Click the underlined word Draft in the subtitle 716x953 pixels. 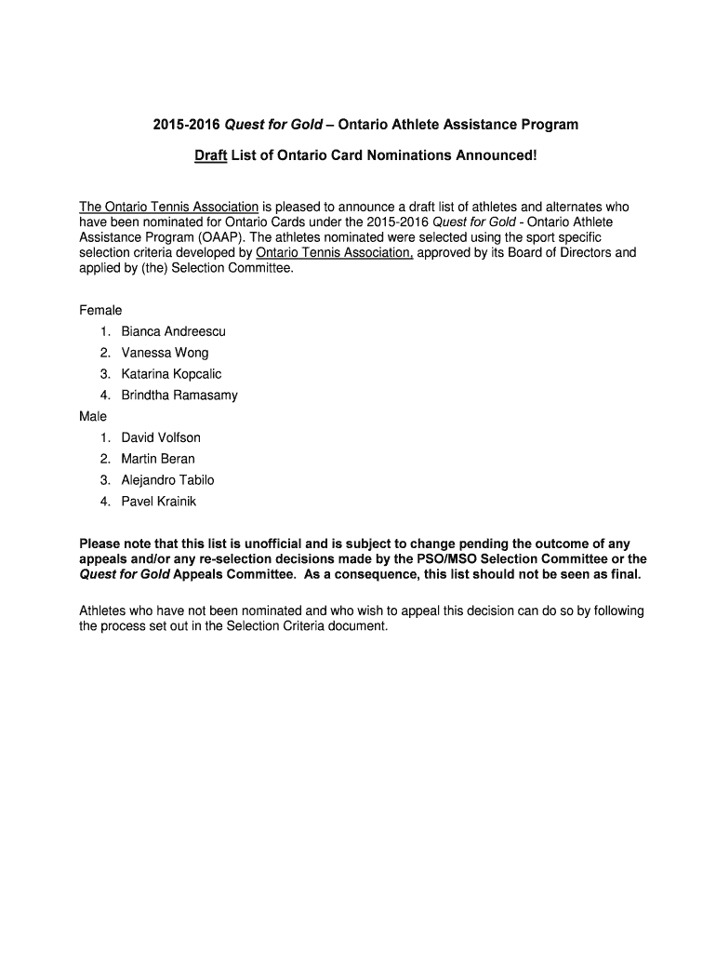(x=211, y=155)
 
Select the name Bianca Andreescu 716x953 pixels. (x=173, y=331)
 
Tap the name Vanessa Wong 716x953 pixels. (x=165, y=353)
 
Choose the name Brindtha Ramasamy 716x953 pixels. (x=179, y=396)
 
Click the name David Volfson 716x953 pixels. (x=161, y=437)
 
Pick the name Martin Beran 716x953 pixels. (x=158, y=459)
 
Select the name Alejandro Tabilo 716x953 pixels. (x=167, y=480)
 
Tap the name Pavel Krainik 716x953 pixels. (x=159, y=502)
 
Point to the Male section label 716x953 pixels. (x=93, y=416)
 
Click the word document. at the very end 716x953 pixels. (x=358, y=626)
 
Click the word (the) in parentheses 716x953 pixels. (x=152, y=268)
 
